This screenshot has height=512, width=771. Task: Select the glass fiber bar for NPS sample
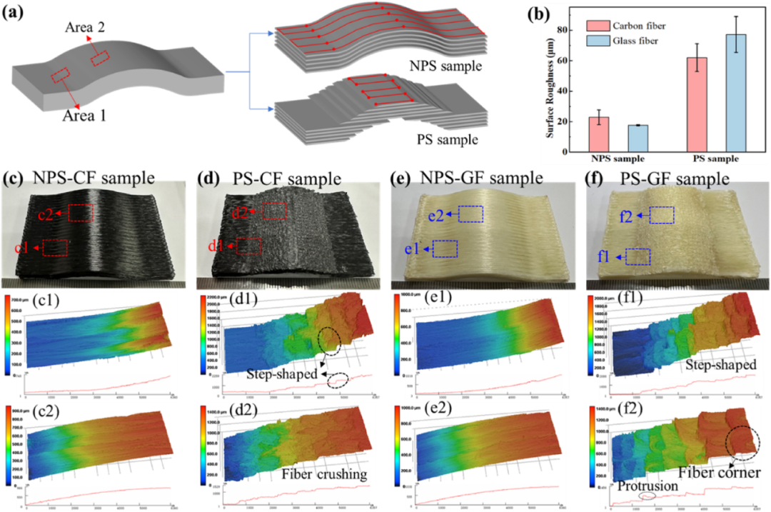638,138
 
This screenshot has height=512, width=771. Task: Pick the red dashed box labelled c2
81,212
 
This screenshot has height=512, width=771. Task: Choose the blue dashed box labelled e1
445,248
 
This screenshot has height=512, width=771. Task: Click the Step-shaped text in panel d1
282,373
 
